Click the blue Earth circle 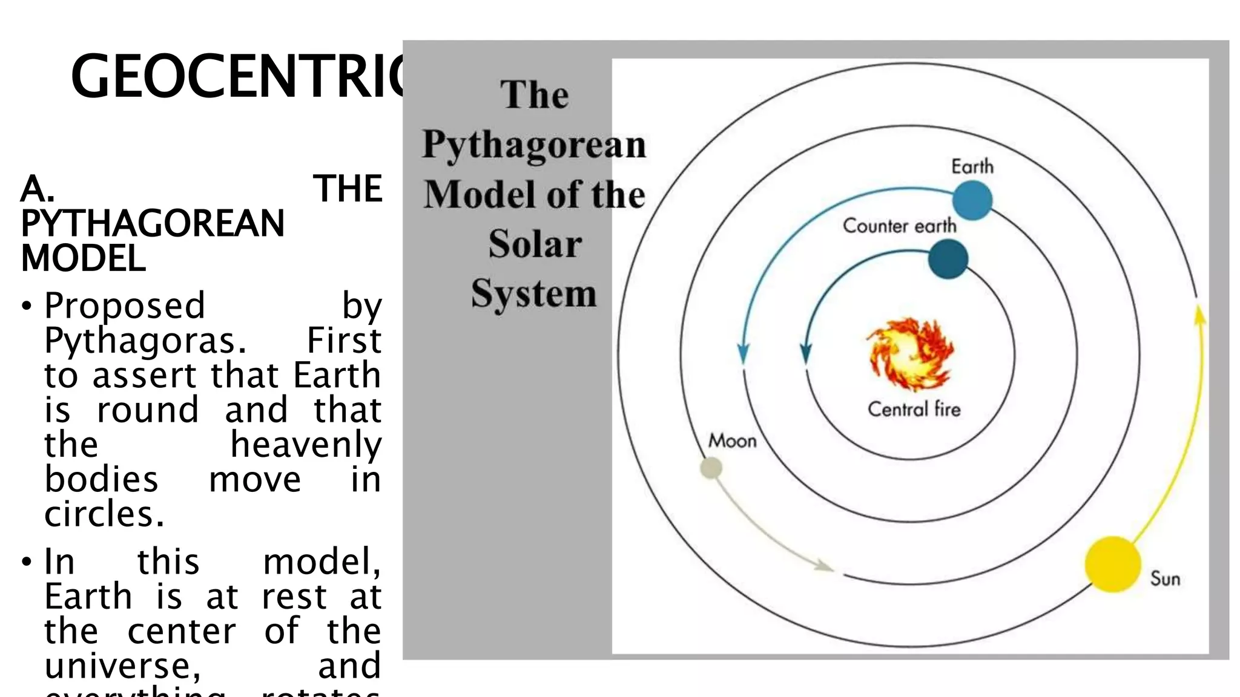tap(972, 200)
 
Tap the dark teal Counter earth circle tap(948, 259)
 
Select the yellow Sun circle tap(1113, 564)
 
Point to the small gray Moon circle tap(711, 468)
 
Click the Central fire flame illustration tap(910, 354)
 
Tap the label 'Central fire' tap(914, 409)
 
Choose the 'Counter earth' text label tap(900, 226)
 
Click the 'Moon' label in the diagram tap(733, 440)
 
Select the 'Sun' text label tap(1166, 578)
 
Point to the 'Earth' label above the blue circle tap(972, 166)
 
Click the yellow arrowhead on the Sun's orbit tap(1199, 316)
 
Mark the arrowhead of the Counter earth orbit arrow tap(806, 353)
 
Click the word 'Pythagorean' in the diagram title tap(535, 146)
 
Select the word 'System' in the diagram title tap(534, 294)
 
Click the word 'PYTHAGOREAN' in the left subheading tap(153, 223)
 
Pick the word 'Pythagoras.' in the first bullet tap(146, 341)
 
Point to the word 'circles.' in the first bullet tap(104, 514)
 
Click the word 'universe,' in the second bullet tap(123, 665)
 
